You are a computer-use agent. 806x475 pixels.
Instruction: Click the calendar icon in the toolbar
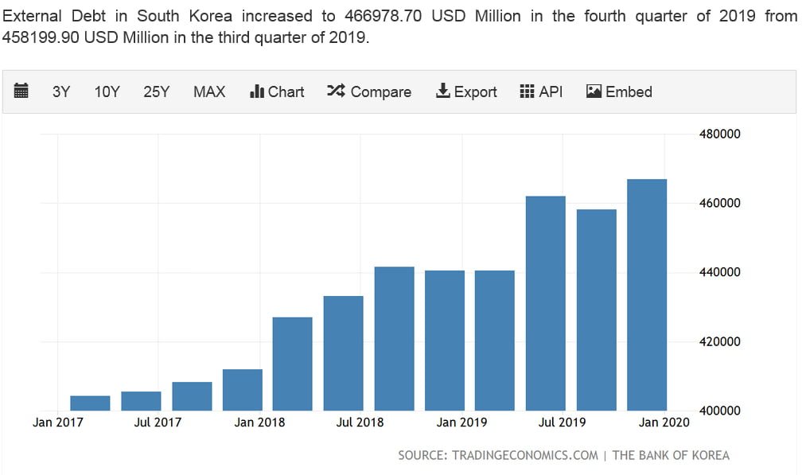coord(21,91)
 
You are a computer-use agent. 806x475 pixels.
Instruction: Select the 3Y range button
coord(61,91)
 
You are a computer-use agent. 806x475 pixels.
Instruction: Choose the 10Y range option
coord(107,91)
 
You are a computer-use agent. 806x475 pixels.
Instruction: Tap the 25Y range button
coord(157,91)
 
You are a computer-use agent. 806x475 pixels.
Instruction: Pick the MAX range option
coord(209,91)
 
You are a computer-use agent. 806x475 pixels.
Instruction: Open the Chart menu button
coord(277,91)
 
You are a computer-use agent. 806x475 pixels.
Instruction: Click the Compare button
coord(369,91)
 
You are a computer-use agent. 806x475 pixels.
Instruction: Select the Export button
coord(466,91)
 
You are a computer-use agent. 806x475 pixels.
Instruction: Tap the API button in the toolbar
coord(541,91)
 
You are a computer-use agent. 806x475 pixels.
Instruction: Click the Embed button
coord(619,91)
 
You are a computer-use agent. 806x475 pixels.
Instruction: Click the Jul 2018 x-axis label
coord(360,422)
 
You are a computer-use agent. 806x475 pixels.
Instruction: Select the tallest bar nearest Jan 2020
coord(647,294)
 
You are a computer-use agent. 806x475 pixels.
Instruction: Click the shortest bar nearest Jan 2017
coord(90,403)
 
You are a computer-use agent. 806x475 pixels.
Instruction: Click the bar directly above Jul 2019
coord(546,303)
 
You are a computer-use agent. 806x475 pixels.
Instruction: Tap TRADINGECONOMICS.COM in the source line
coord(525,456)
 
